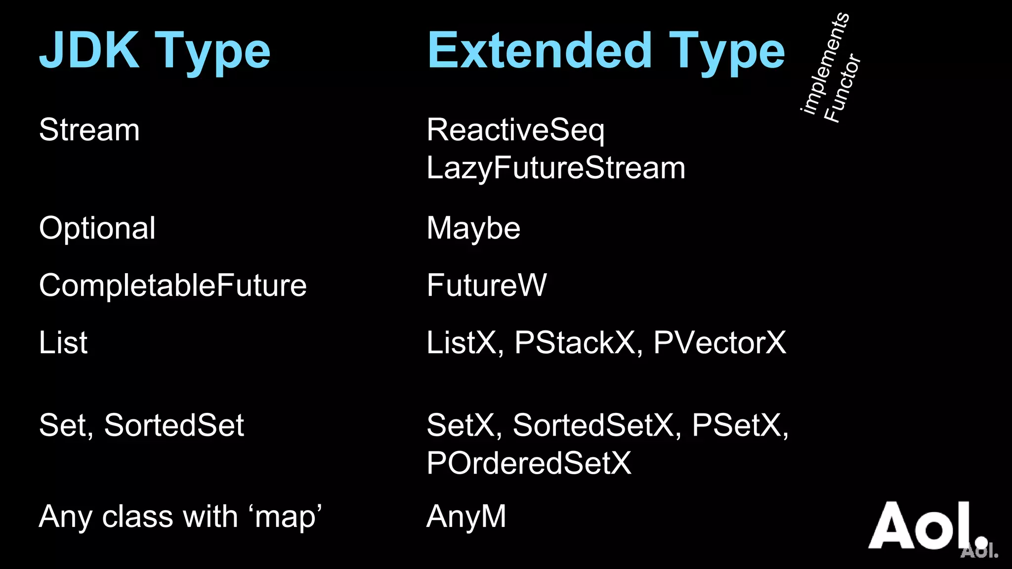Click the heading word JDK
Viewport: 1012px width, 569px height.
tap(89, 50)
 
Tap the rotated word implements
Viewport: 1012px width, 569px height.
tap(824, 63)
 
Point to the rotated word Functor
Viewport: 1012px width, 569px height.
tap(843, 88)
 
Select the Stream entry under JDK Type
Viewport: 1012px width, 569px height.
tap(89, 130)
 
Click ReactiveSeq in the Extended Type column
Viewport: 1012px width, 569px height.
tap(515, 130)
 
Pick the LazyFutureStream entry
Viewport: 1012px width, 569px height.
tap(556, 168)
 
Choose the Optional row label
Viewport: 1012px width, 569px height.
tap(97, 228)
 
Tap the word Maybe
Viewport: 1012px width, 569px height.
tap(473, 228)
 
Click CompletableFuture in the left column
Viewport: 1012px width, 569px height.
tap(173, 285)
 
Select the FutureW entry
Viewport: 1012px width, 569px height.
tap(487, 285)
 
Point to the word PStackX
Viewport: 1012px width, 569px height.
tap(575, 342)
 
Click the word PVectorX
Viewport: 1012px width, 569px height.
tap(719, 342)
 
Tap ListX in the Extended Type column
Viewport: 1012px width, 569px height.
tap(462, 342)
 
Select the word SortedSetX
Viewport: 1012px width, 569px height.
tap(593, 425)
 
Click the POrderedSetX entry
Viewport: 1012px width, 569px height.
tap(529, 463)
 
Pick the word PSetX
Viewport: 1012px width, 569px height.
tap(736, 425)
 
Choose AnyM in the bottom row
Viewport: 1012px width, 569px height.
tap(466, 517)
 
